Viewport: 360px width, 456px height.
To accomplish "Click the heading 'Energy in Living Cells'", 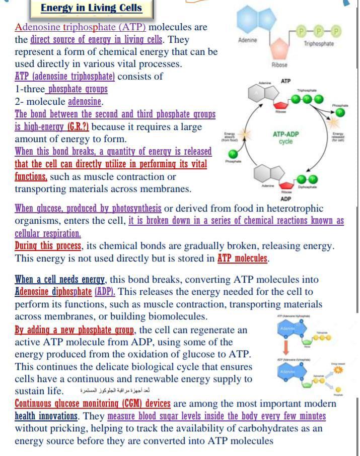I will pos(91,8).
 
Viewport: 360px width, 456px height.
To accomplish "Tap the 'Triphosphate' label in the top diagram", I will pos(319,44).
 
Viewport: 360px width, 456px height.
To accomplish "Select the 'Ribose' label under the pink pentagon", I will pos(279,66).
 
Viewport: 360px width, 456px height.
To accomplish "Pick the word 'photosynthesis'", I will pos(133,208).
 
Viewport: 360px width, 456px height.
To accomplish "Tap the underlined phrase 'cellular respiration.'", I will pos(48,233).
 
